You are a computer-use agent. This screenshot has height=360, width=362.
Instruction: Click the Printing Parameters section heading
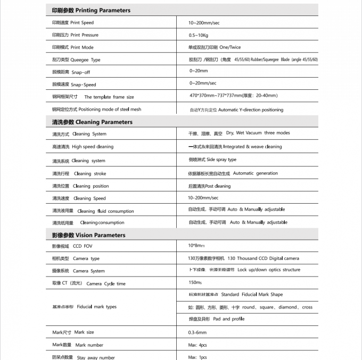click(91, 10)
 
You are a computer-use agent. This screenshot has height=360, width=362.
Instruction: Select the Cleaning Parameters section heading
click(92, 122)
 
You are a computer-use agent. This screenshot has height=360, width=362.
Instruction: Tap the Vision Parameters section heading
click(89, 235)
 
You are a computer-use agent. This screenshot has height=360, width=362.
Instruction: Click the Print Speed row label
click(73, 23)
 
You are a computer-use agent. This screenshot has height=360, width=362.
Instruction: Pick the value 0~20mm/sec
click(203, 83)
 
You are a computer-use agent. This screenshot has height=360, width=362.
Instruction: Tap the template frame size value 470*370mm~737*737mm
click(233, 96)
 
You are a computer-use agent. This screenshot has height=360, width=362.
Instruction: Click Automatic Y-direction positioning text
click(236, 110)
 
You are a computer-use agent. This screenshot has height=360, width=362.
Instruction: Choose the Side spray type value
click(212, 160)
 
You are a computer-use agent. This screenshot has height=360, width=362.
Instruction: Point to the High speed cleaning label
click(83, 147)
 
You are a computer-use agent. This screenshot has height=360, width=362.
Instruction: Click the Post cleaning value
click(209, 186)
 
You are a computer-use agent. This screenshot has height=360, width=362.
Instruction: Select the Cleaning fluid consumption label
click(93, 211)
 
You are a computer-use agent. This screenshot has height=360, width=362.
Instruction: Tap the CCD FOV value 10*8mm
click(196, 245)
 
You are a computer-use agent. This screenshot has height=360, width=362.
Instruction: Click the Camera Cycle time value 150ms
click(195, 282)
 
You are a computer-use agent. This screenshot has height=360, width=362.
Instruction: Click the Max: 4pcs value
click(198, 345)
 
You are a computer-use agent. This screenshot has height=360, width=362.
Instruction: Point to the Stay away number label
click(83, 357)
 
